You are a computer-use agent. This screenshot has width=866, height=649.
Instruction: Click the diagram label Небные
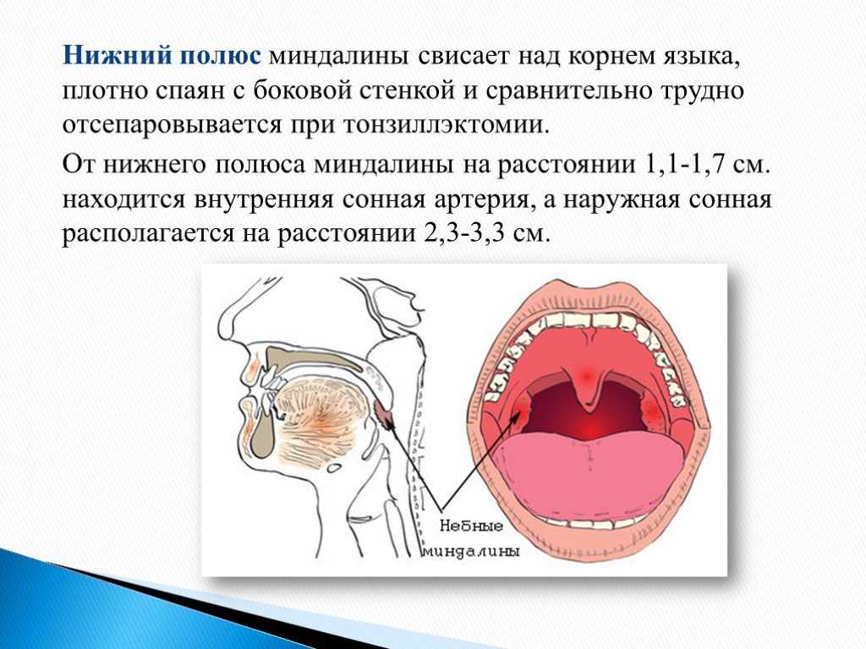click(471, 526)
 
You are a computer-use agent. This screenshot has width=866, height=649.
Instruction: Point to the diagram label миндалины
click(471, 552)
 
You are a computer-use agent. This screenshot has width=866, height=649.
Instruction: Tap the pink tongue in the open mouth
click(589, 470)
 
